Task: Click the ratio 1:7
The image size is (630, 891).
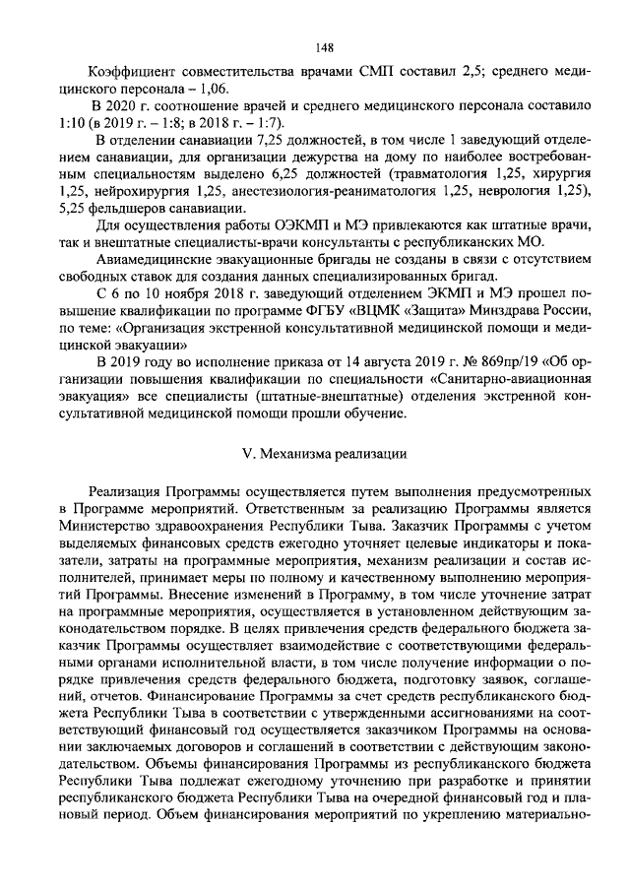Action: point(265,123)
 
